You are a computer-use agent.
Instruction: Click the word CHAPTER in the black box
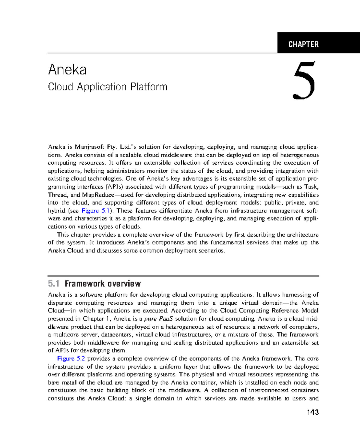coord(303,44)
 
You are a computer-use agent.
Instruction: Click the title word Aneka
coord(67,70)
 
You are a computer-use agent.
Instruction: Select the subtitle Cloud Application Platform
coord(108,87)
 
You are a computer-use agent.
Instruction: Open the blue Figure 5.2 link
coord(71,358)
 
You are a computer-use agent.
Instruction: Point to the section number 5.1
coord(54,283)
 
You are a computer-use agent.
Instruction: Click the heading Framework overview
coord(103,283)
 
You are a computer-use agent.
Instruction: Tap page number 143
coord(313,412)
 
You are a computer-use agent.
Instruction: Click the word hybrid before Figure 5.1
coord(56,211)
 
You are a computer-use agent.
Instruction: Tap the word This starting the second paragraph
coord(63,235)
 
